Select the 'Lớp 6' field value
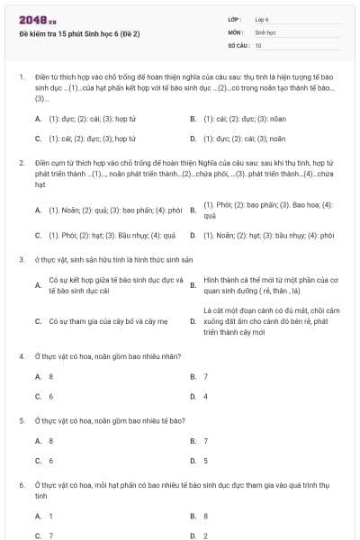[x=262, y=18]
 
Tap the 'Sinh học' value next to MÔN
[x=264, y=31]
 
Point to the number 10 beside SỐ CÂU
[x=258, y=44]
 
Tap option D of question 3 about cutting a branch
[x=270, y=320]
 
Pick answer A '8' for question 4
[x=50, y=376]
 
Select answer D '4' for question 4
[x=206, y=396]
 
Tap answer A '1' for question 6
[x=50, y=516]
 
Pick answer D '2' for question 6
[x=206, y=535]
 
